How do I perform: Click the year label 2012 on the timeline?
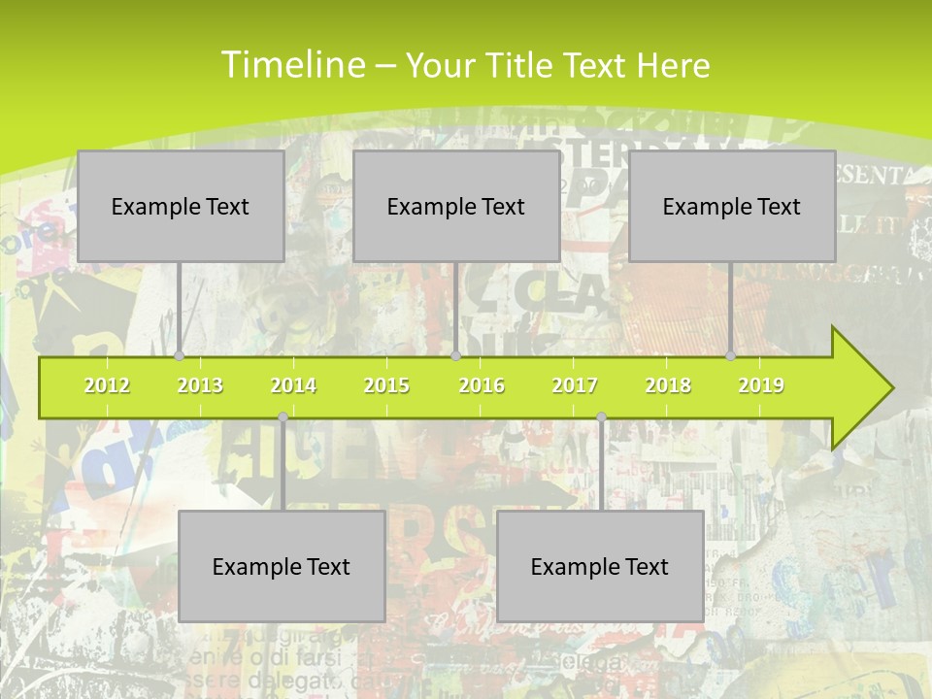107,385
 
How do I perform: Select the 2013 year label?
200,385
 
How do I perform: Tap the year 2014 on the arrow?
293,385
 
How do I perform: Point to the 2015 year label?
386,385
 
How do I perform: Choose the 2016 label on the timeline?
482,385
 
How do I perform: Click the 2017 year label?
575,385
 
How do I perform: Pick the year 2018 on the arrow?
668,385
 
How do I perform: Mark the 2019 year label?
761,385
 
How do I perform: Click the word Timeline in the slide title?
291,65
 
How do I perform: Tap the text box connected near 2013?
181,206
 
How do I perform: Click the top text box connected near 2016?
456,206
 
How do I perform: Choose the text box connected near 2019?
732,206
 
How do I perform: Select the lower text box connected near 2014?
282,566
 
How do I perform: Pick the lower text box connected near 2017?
600,566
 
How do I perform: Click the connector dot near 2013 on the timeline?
180,355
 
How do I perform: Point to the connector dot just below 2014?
283,417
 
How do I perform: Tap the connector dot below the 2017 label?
601,417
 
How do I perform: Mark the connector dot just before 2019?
731,355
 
